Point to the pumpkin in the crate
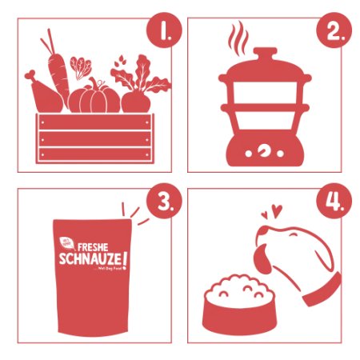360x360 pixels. click(94, 98)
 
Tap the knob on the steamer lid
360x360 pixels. click(262, 53)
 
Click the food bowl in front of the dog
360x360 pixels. click(241, 308)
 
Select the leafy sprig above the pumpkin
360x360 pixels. click(81, 66)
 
